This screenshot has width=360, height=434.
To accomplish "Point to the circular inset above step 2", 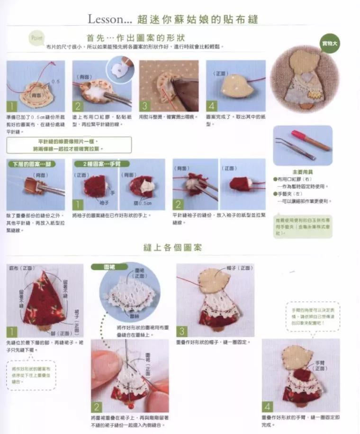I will click(120, 68).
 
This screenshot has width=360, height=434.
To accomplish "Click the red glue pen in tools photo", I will click(311, 140).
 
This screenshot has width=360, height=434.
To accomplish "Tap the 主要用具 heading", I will click(303, 172).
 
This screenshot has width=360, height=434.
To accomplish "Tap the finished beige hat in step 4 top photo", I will click(232, 85).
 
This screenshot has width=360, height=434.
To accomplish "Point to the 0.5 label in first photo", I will click(56, 81).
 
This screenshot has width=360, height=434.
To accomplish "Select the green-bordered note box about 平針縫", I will click(69, 145).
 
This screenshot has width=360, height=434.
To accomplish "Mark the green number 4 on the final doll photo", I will click(268, 407).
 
